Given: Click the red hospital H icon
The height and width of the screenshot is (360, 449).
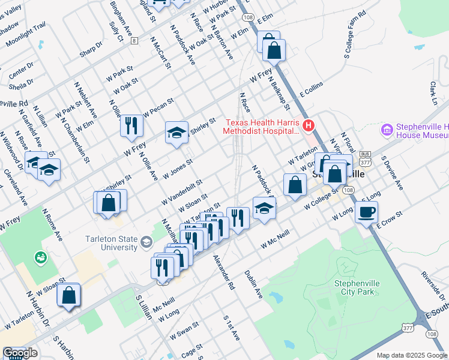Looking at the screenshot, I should click(x=309, y=126).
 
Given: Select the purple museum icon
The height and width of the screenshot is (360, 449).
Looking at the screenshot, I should click(x=387, y=130).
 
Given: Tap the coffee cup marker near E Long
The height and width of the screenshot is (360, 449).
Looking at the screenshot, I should click(x=366, y=211).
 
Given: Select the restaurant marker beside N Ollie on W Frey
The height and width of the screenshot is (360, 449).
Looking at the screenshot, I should click(x=131, y=125).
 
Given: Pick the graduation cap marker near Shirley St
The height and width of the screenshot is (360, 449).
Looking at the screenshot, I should click(x=176, y=133).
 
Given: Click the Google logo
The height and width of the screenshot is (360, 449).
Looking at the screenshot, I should click(x=20, y=353).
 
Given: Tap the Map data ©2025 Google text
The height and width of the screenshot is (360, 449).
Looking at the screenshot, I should click(x=411, y=355).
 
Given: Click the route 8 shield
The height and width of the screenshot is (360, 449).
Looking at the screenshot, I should click(x=135, y=41).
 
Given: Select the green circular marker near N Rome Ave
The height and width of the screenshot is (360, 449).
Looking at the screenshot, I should click(x=41, y=257).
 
